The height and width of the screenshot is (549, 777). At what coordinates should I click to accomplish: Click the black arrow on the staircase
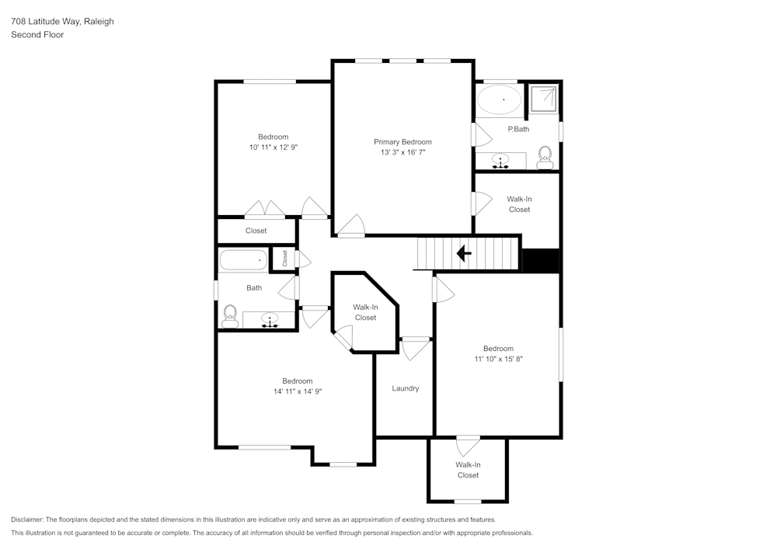[464, 253]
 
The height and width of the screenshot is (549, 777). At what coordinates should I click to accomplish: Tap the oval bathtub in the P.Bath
[499, 99]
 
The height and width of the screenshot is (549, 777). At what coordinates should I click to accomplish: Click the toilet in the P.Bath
[545, 157]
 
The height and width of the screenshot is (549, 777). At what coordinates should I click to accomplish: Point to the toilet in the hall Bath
[230, 314]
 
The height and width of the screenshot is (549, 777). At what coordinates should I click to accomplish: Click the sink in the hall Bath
[270, 319]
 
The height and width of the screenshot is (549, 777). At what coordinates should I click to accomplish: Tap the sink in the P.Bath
[501, 161]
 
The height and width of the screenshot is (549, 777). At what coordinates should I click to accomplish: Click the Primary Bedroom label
[402, 142]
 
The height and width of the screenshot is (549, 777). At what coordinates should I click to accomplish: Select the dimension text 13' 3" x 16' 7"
[402, 153]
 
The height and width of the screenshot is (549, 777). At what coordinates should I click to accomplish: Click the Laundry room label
[406, 388]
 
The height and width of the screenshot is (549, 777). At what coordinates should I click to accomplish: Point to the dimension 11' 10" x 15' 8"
[498, 359]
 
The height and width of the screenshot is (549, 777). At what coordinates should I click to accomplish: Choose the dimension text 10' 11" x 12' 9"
[274, 147]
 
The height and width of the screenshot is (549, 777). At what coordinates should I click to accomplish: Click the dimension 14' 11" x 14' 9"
[297, 391]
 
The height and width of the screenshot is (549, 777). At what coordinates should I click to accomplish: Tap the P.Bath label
[518, 129]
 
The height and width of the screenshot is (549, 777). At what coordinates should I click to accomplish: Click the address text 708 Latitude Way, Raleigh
[62, 22]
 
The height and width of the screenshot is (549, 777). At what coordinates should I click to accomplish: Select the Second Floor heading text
[37, 35]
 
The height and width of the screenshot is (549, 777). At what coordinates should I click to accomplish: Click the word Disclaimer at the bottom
[27, 519]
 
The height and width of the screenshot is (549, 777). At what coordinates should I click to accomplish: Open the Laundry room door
[416, 347]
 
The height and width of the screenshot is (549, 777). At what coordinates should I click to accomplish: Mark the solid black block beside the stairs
[541, 261]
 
